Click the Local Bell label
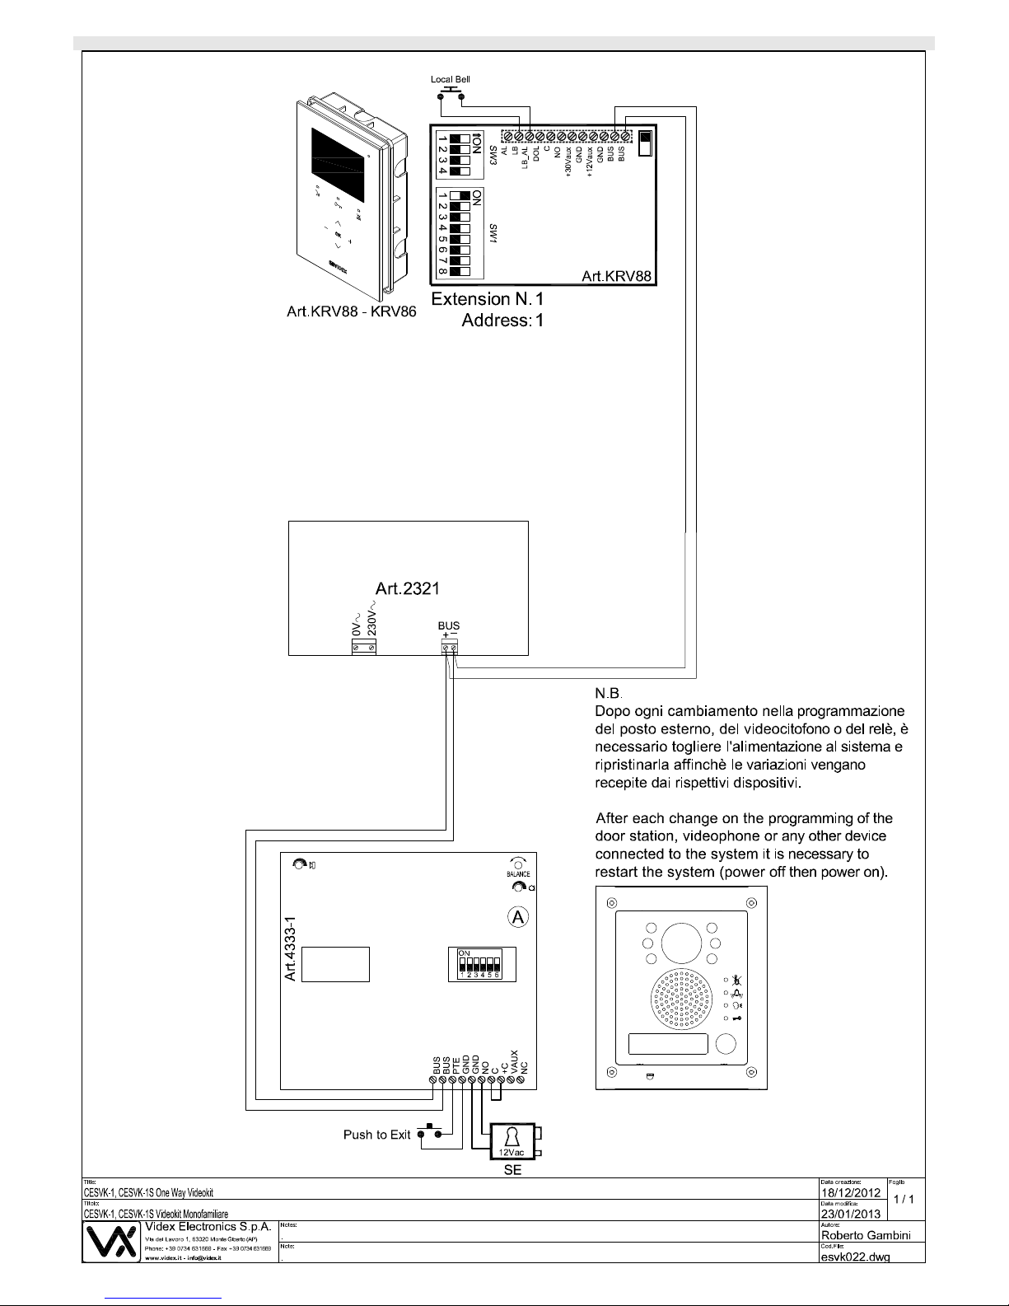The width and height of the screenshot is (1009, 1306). (451, 79)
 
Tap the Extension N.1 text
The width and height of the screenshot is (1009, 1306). (488, 299)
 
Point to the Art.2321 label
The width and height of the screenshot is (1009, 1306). (408, 588)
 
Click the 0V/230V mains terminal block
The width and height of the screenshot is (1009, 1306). (363, 648)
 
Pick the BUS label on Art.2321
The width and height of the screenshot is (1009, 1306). (449, 626)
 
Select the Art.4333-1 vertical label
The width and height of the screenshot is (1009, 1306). (290, 951)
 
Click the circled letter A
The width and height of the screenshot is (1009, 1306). (517, 917)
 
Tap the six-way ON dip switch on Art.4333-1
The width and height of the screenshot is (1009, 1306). (480, 964)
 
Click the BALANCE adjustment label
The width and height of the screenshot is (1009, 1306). (518, 873)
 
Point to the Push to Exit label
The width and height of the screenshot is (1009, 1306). (376, 1135)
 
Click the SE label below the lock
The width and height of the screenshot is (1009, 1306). (512, 1170)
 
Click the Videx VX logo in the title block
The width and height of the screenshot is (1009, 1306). (111, 1243)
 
